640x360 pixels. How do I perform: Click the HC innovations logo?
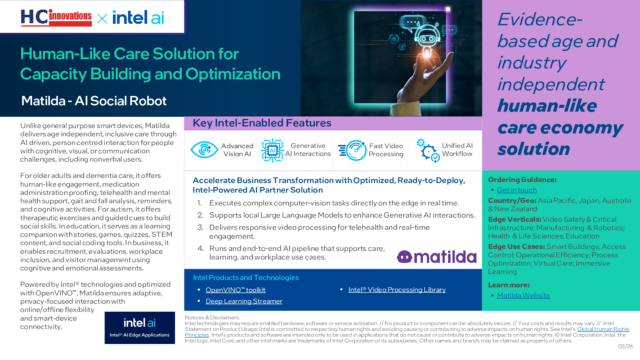point(56,17)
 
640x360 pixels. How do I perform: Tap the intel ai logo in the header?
point(138,17)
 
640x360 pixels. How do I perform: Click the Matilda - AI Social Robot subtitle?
point(93,101)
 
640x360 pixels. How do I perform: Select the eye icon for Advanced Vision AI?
point(204,150)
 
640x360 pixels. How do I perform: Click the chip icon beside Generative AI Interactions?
point(272,150)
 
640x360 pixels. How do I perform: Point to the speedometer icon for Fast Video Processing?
point(352,150)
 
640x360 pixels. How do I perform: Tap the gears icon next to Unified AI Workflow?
point(428,150)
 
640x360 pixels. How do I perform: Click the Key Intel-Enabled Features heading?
point(262,123)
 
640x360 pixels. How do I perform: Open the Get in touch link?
point(516,190)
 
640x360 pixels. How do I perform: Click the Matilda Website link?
point(523,295)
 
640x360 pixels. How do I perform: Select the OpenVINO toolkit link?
point(235,290)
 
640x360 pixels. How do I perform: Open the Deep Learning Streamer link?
point(244,301)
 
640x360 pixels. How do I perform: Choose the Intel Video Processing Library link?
point(396,290)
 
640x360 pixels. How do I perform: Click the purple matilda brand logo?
point(437,257)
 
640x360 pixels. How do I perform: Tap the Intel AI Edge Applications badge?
point(140,327)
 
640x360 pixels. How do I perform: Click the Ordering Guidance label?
point(522,180)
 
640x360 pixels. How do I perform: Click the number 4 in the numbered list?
point(200,249)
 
